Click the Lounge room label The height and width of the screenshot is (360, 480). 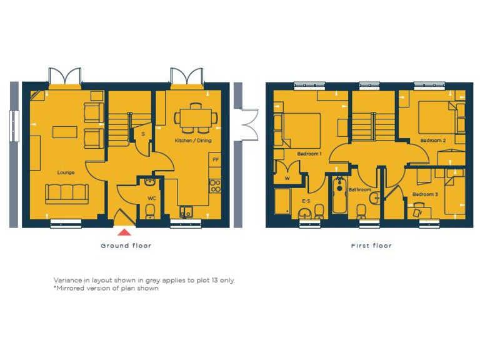click(66, 172)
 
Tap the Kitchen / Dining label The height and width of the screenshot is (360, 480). click(193, 141)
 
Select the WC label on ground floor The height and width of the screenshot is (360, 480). click(151, 198)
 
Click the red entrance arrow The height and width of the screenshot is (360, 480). click(125, 232)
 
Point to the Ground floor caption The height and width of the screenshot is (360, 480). click(126, 246)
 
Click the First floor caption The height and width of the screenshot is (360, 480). click(371, 246)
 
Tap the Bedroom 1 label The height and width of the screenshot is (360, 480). click(309, 154)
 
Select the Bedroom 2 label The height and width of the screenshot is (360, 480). click(432, 141)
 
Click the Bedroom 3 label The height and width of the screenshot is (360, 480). click(425, 194)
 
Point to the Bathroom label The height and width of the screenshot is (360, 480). click(360, 189)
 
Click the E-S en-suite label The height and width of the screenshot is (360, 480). click(306, 201)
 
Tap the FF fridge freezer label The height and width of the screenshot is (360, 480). click(216, 160)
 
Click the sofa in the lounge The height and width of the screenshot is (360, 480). click(67, 194)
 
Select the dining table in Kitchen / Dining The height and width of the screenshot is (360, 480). click(196, 117)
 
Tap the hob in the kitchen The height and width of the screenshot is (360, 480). click(215, 186)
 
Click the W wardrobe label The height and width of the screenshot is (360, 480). click(287, 178)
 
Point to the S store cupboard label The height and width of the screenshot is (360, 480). click(143, 134)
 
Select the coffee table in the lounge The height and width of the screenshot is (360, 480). click(65, 132)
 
